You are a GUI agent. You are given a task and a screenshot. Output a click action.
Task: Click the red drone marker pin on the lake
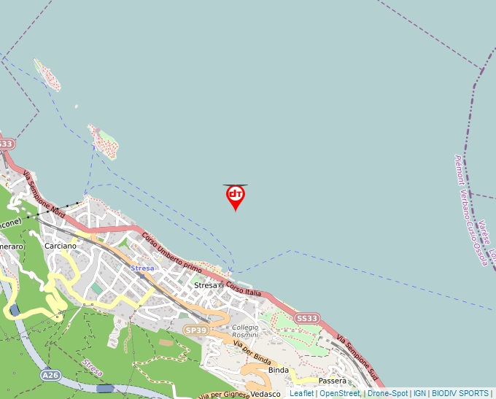click(x=235, y=196)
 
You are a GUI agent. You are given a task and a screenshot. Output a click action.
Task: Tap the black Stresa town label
click(x=206, y=285)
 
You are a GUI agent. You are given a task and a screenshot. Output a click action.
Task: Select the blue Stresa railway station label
click(x=142, y=268)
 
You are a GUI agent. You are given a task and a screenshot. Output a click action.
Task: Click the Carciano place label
click(x=60, y=246)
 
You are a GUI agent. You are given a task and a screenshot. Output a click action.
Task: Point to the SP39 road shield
click(x=196, y=330)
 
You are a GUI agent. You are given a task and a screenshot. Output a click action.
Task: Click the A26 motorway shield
click(x=50, y=375)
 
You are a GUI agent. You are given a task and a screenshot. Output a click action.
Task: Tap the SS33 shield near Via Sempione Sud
click(x=307, y=319)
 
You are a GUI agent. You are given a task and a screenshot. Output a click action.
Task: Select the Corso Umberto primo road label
click(x=171, y=252)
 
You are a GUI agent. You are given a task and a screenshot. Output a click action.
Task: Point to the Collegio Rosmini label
click(x=245, y=331)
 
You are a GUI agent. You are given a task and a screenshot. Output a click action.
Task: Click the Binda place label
click(x=279, y=371)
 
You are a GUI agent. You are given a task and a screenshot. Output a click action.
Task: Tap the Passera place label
click(x=333, y=381)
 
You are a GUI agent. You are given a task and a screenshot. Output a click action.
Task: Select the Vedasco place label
click(x=266, y=395)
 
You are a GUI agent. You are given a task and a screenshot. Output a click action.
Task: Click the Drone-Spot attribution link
click(x=387, y=394)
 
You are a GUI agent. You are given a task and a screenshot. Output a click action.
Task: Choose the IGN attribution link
click(x=419, y=394)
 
